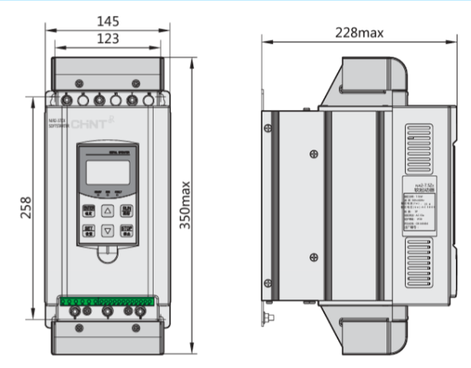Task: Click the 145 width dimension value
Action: [x=109, y=20]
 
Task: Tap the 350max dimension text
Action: [x=184, y=205]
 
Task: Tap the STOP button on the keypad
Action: [x=127, y=231]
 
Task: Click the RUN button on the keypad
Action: [x=127, y=210]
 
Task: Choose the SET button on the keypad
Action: [x=89, y=231]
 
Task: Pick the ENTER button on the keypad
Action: [x=89, y=210]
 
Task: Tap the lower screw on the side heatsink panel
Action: [x=316, y=256]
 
